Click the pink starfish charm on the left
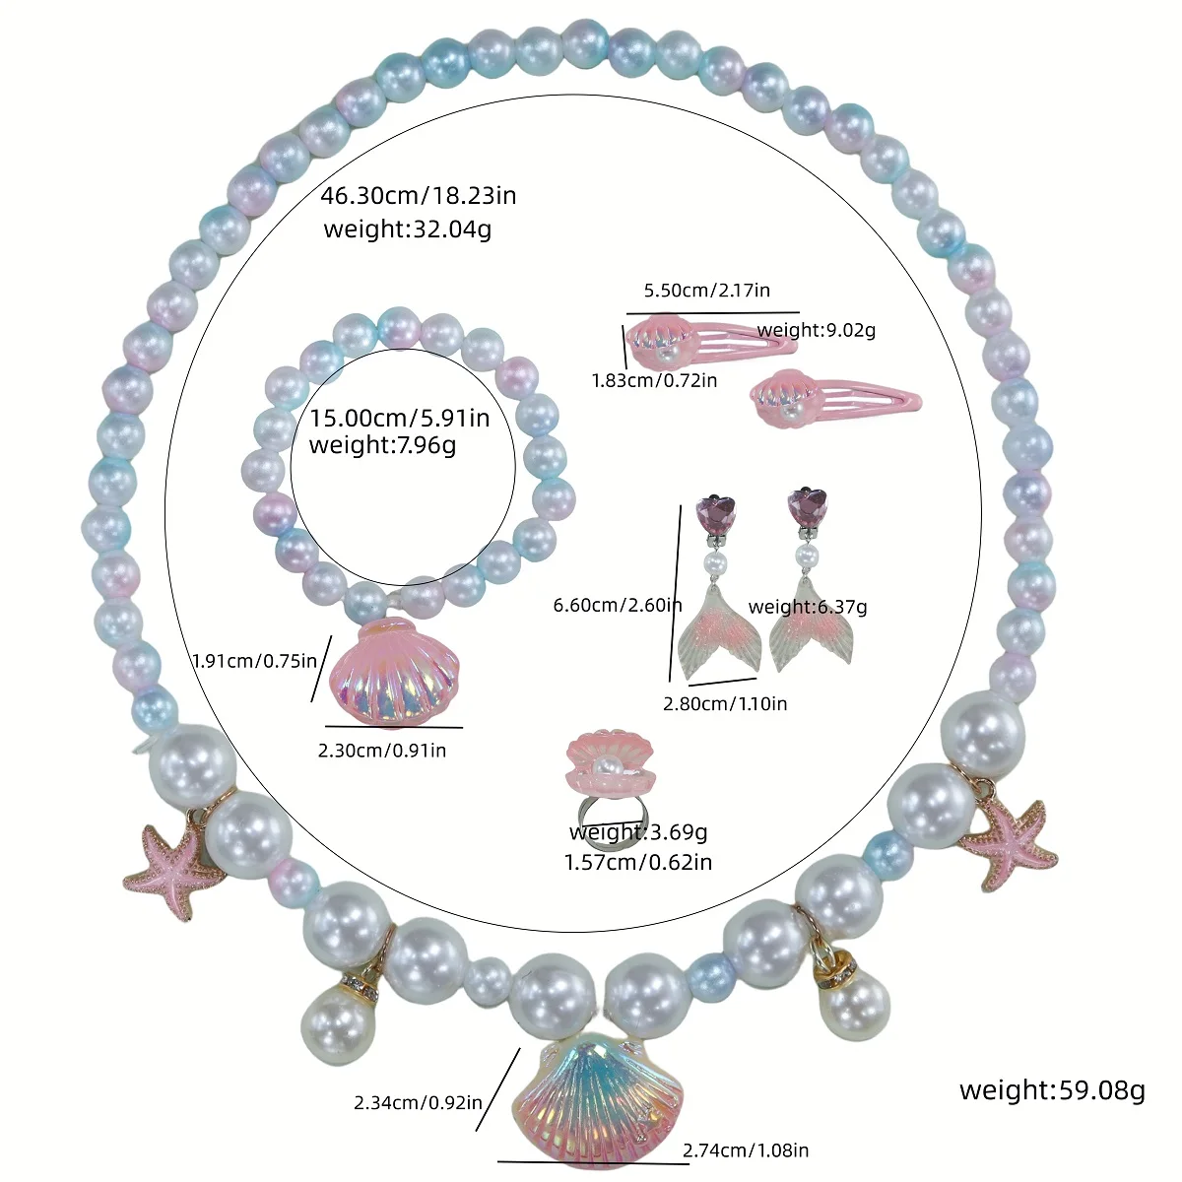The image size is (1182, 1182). [169, 869]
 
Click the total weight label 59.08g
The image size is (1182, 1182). [1052, 1089]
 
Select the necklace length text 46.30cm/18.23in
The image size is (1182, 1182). [418, 195]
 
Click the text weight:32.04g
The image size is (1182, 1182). [407, 230]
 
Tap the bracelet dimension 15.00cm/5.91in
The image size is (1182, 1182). [400, 418]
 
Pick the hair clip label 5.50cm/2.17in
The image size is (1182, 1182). [706, 291]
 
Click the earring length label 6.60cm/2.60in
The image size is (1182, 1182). [618, 605]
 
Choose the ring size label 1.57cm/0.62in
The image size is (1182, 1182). [637, 862]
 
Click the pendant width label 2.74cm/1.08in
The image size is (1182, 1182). [746, 1149]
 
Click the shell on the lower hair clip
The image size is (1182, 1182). [778, 395]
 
